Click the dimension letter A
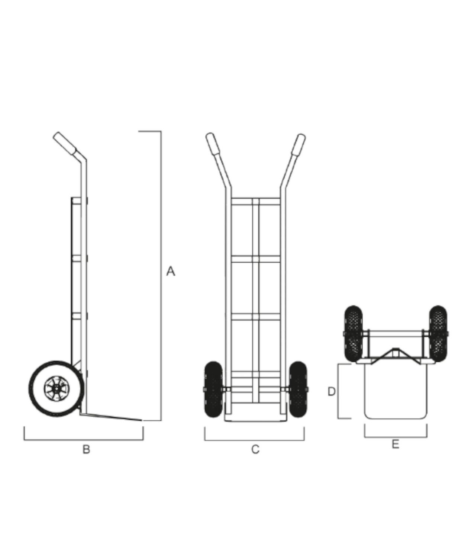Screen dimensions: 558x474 170,271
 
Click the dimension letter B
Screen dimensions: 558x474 86,449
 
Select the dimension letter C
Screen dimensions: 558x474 255,449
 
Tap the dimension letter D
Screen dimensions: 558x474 332,391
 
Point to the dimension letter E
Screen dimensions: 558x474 395,444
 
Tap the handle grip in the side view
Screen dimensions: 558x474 65,144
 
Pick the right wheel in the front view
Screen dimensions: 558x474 298,389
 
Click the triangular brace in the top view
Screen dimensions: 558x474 395,353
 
